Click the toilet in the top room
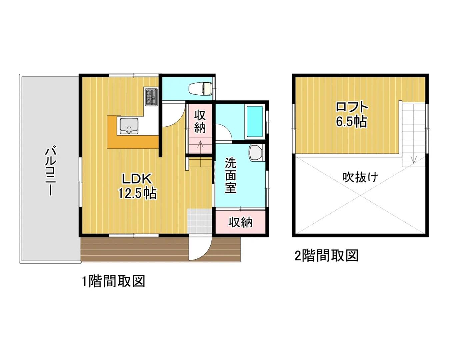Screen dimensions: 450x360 click(x=200, y=89)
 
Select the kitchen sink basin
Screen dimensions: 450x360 click(x=129, y=126)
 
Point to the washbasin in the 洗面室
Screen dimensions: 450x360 click(x=256, y=153)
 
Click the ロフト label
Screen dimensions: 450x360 click(x=352, y=107)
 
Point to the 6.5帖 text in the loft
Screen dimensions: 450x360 click(x=351, y=122)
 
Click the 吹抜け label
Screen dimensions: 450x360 click(x=360, y=177)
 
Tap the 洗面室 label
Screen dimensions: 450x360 click(x=230, y=175)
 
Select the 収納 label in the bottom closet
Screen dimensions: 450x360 click(x=240, y=222)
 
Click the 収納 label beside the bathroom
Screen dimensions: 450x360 click(x=200, y=122)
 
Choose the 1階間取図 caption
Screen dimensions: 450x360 click(x=114, y=281)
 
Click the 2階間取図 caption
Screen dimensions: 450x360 click(x=326, y=255)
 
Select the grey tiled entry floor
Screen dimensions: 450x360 click(x=200, y=221)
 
